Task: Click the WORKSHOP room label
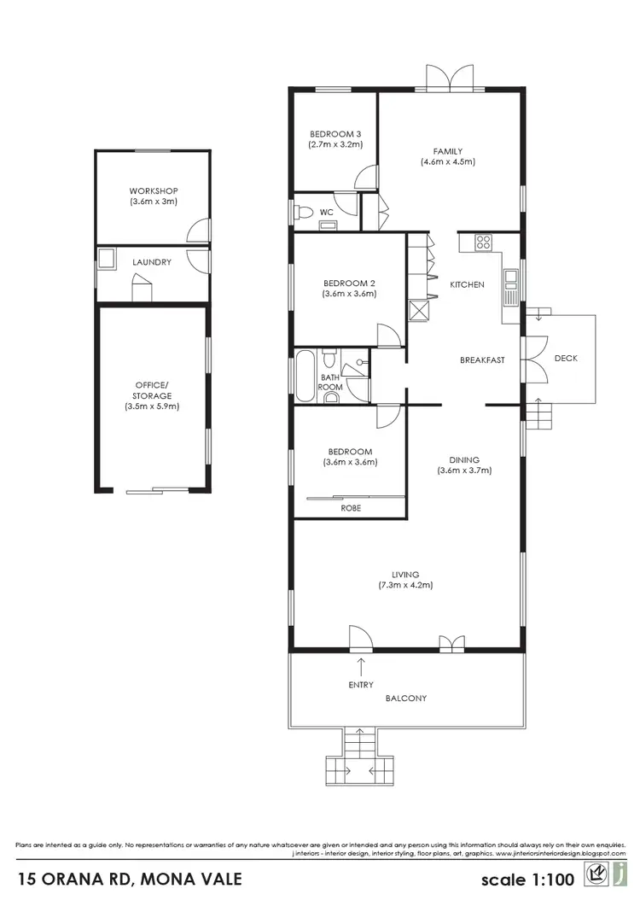coord(154,190)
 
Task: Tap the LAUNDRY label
coord(152,262)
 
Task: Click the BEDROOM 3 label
coord(335,134)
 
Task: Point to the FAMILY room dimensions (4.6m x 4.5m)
coord(447,161)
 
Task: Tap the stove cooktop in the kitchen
coord(483,242)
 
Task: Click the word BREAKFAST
coord(482,360)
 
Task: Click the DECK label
coord(566,358)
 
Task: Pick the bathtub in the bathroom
coord(305,377)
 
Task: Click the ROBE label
coord(350,507)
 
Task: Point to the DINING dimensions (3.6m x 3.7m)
coord(464,471)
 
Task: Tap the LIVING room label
coord(405,575)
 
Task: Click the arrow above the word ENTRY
coord(360,666)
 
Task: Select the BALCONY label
coord(405,698)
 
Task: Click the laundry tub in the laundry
coord(107,257)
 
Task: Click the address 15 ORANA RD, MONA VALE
coord(129,879)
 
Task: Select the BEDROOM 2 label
coord(349,283)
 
